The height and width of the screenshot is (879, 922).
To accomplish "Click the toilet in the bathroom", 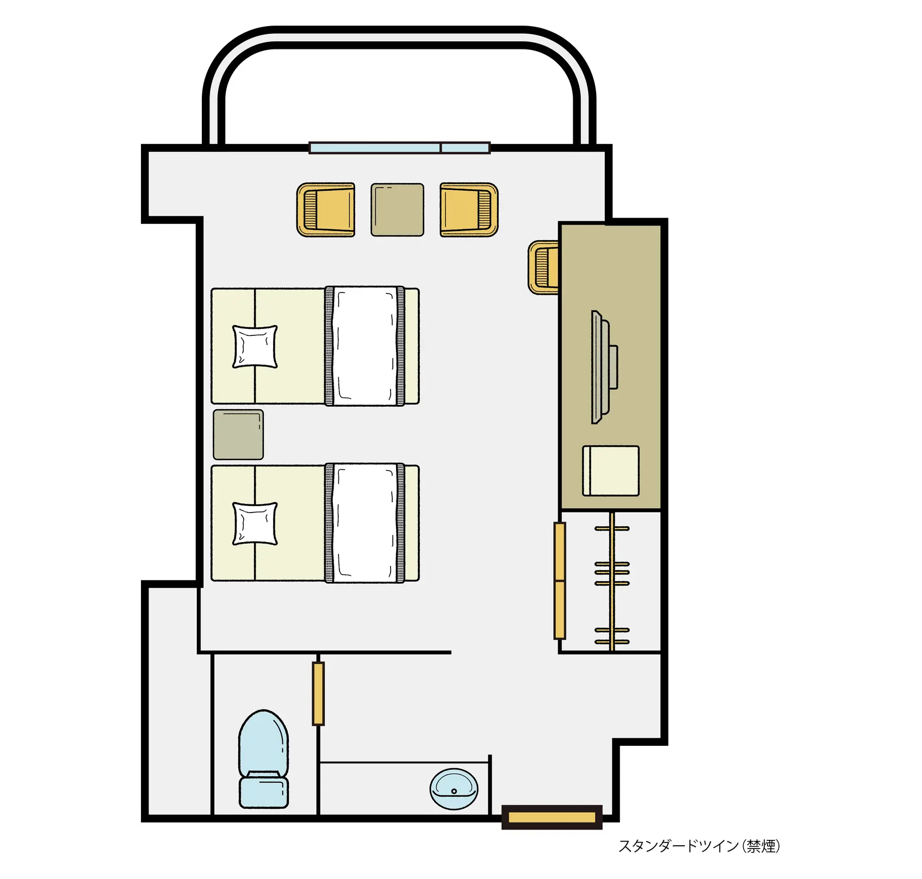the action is tap(263, 759).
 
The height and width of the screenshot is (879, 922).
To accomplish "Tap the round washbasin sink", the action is tap(454, 789).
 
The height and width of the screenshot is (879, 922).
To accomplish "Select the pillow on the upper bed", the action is tap(255, 346).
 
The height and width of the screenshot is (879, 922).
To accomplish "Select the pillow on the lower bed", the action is tap(255, 523).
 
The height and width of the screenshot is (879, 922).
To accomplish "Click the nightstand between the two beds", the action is tap(238, 434).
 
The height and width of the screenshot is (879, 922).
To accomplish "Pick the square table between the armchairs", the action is tap(397, 210).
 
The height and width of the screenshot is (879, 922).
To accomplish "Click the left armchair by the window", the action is tap(326, 210).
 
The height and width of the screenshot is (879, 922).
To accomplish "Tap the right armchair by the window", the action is tap(469, 210).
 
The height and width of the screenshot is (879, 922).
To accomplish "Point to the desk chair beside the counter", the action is tap(544, 267).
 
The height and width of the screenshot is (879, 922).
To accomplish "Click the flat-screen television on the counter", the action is tap(603, 367).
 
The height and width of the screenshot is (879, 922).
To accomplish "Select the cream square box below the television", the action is tap(611, 471).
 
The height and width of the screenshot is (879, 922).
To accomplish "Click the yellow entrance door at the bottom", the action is tap(552, 817).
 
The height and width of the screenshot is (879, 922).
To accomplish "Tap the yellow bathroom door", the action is tap(319, 694).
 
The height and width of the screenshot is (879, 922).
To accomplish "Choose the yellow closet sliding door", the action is tap(560, 581).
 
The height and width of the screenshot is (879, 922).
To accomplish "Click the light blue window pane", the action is tap(400, 148).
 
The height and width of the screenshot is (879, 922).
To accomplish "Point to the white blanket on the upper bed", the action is tap(365, 346).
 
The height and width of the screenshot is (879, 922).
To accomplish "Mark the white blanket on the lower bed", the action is tap(365, 523).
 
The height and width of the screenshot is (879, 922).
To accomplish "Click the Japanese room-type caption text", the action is tap(699, 846).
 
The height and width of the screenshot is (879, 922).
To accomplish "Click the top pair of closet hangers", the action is tap(612, 528).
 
